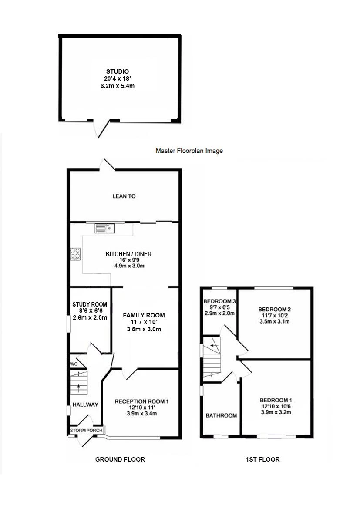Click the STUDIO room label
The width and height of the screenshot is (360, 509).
pyautogui.click(x=118, y=71)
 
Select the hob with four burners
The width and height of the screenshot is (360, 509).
pyautogui.click(x=75, y=253)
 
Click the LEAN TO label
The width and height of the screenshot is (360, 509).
pyautogui.click(x=124, y=196)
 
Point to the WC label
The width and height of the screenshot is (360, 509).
pyautogui.click(x=74, y=364)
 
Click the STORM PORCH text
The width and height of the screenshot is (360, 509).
pyautogui.click(x=86, y=431)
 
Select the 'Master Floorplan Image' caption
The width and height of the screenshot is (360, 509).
pyautogui.click(x=189, y=151)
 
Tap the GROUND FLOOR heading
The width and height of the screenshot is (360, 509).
pyautogui.click(x=120, y=459)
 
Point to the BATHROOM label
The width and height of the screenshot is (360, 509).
pyautogui.click(x=221, y=416)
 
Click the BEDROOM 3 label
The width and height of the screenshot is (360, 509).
pyautogui.click(x=219, y=301)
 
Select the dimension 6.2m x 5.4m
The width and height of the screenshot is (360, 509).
pyautogui.click(x=118, y=86)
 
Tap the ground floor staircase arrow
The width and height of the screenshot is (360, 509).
pyautogui.click(x=79, y=383)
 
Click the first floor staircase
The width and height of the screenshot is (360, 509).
pyautogui.click(x=212, y=357)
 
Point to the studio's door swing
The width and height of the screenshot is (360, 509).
pyautogui.click(x=101, y=128)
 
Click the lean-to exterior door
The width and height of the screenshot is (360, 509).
pyautogui.click(x=108, y=164)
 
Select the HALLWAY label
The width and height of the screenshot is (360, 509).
pyautogui.click(x=85, y=405)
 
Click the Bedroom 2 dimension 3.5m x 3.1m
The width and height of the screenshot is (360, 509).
pyautogui.click(x=275, y=322)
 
